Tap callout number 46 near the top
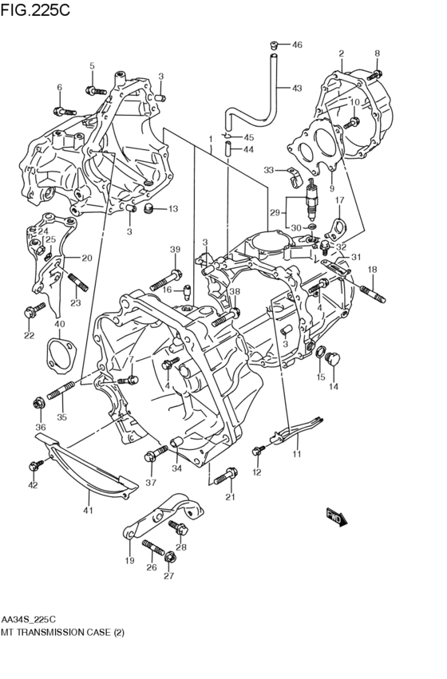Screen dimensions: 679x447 pos(297,45)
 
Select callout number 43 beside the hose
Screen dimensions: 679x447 pos(297,89)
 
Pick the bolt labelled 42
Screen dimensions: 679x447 pos(35,464)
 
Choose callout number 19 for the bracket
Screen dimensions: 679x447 pos(129,561)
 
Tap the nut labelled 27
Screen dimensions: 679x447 pos(168,554)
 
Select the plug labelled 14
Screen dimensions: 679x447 pos(333,356)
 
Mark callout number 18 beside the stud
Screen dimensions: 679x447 pos(372,270)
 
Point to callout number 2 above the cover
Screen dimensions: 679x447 pos(341,53)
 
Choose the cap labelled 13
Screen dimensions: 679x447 pos(148,210)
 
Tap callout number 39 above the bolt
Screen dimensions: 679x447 pos(175,251)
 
